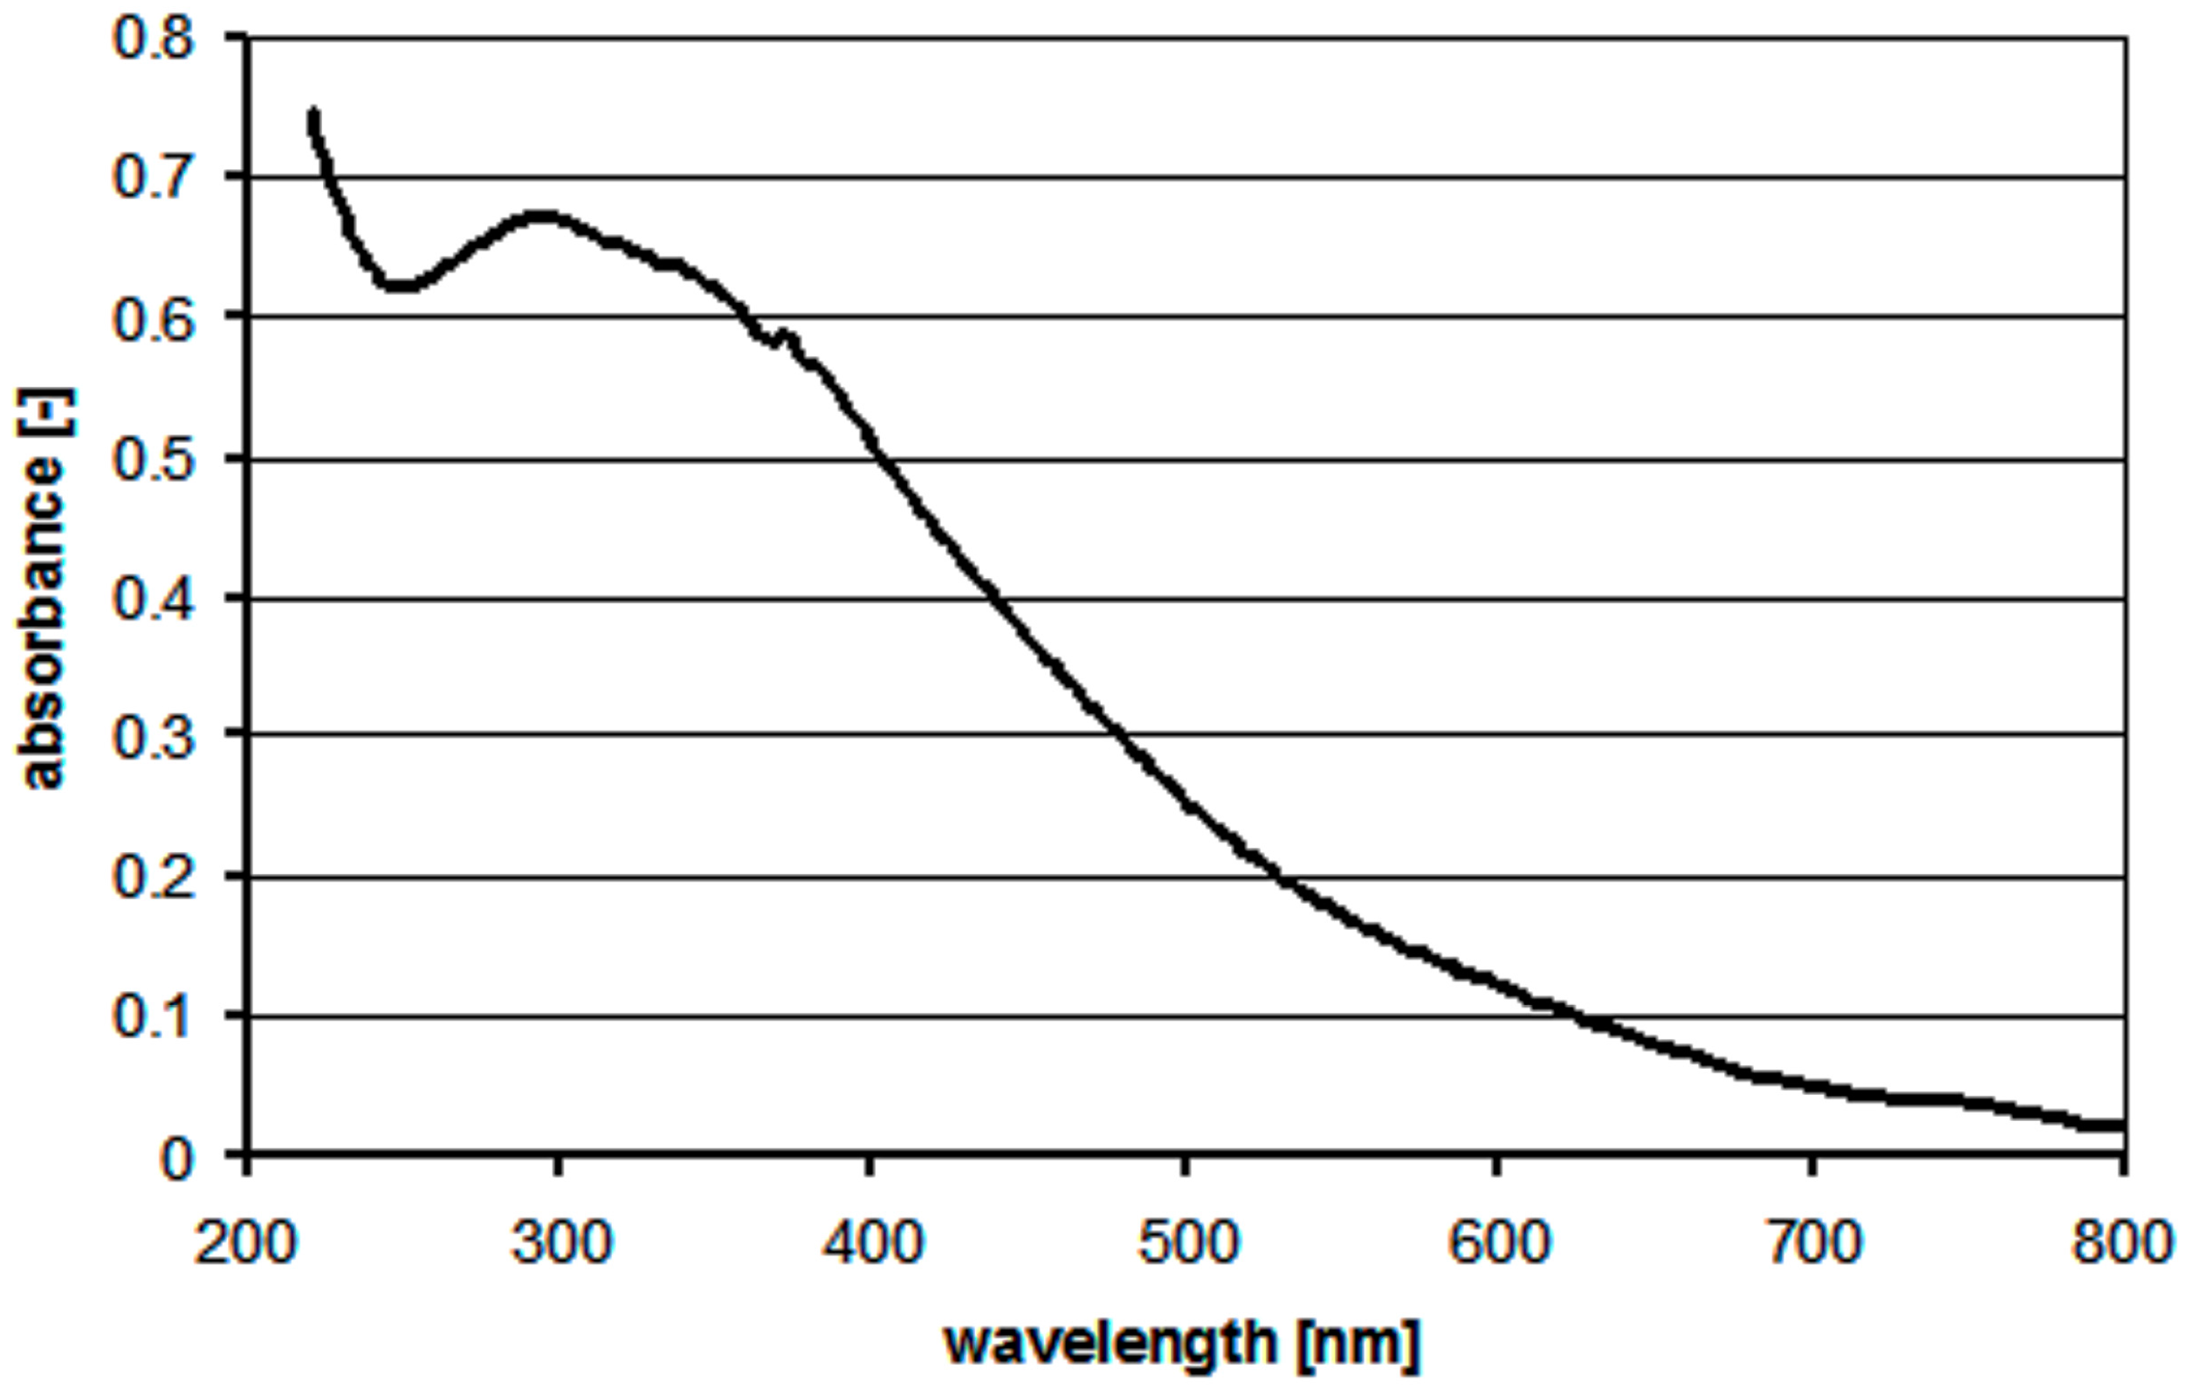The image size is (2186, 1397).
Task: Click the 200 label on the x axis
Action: click(x=245, y=1242)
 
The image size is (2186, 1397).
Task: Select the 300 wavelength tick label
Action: click(x=560, y=1242)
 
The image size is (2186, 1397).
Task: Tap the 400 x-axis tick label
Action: click(x=871, y=1242)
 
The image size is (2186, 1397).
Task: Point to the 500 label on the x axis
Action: click(x=1186, y=1242)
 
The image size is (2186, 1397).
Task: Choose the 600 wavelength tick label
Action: click(x=1497, y=1242)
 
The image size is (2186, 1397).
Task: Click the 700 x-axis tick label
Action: click(x=1813, y=1242)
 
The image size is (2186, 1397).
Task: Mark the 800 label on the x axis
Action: click(x=2122, y=1242)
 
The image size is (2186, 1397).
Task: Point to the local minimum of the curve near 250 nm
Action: click(x=400, y=286)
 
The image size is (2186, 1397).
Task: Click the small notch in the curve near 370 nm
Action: click(x=779, y=341)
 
